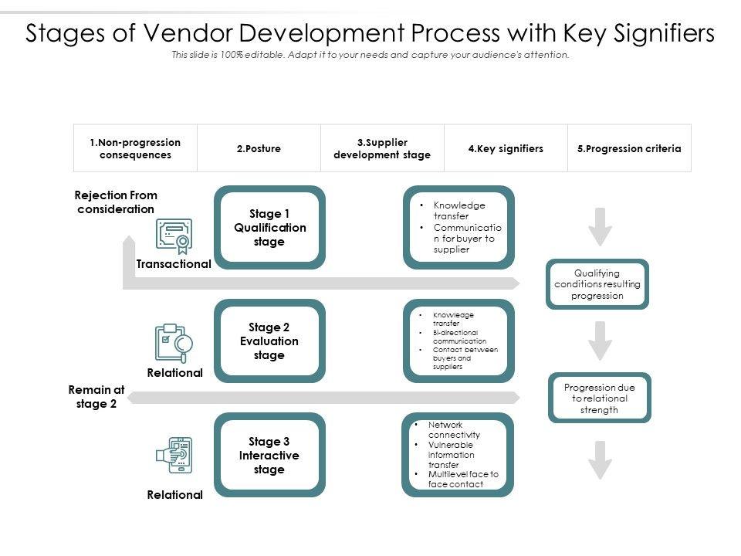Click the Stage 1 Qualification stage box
tap(269, 228)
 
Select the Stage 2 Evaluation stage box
tap(269, 341)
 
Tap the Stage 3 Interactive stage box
tap(269, 455)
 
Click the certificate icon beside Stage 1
tap(174, 236)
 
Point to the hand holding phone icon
tap(174, 456)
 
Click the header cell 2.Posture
tap(259, 148)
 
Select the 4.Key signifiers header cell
tap(506, 148)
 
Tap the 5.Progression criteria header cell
tap(629, 148)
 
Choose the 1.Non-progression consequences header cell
tap(135, 148)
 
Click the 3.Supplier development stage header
tap(382, 148)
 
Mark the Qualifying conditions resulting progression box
tap(597, 284)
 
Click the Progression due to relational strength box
tap(600, 398)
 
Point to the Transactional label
tap(174, 264)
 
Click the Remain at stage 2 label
tap(96, 397)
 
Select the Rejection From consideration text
tap(116, 202)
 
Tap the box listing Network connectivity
tap(458, 455)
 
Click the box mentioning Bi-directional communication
tap(458, 341)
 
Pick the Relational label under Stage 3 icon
tap(174, 495)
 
